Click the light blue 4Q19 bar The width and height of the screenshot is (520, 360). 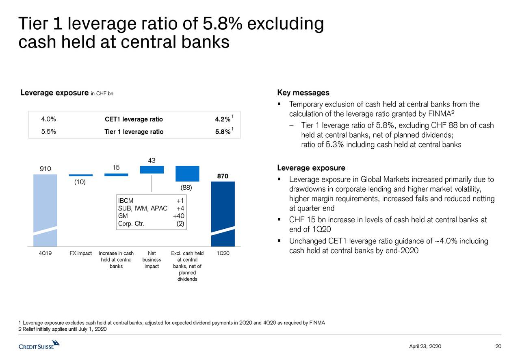45,209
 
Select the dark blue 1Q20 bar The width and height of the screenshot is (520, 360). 223,213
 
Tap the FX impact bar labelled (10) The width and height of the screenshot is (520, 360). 81,175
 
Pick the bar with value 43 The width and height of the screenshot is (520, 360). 152,169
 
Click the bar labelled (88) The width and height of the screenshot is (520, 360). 187,173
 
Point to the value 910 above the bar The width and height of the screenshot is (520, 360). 45,169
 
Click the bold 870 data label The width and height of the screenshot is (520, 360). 222,176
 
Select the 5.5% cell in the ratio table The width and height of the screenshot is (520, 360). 48,131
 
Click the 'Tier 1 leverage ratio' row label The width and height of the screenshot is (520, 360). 134,132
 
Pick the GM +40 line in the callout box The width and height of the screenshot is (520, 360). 151,216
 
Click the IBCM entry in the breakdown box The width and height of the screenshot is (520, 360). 123,201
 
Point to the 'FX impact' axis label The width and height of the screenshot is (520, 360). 80,254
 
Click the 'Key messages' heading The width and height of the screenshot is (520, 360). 303,93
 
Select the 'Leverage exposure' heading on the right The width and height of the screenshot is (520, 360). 311,168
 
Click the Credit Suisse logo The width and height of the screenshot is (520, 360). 39,346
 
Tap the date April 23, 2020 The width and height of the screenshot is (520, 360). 425,346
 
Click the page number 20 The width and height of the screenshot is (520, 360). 498,346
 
